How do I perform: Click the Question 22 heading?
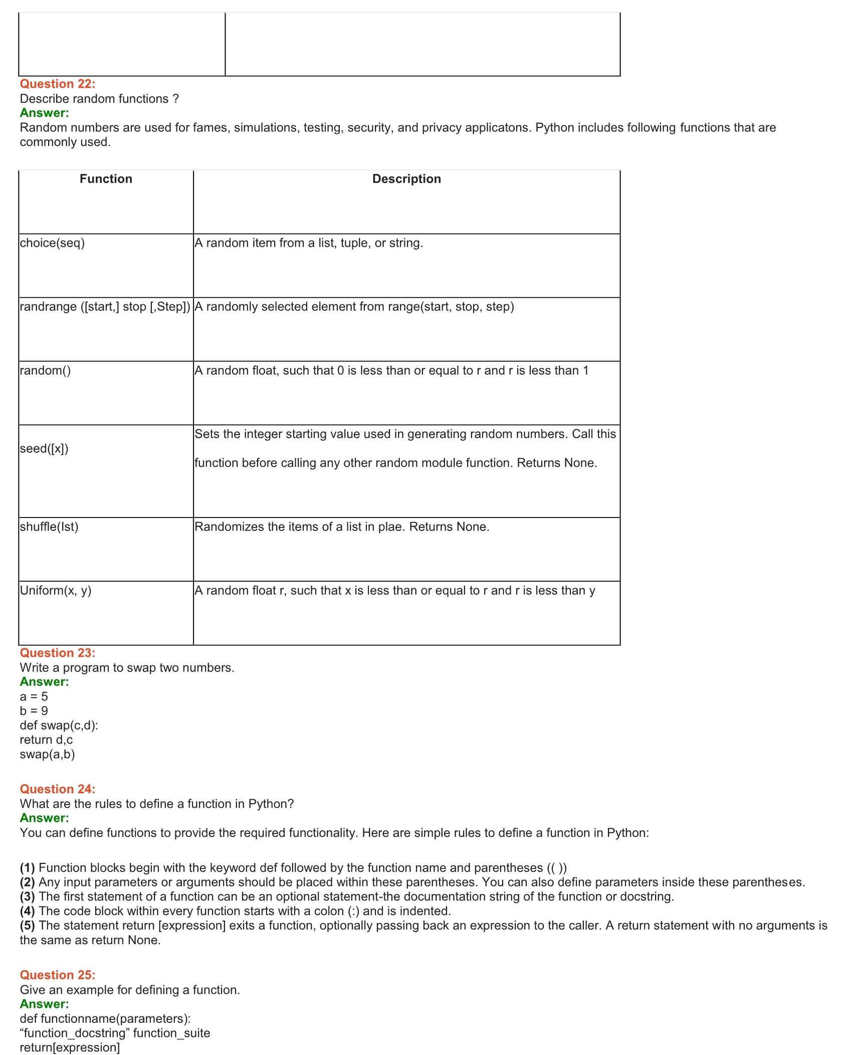(57, 84)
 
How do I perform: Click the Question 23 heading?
(57, 652)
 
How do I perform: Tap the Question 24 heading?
(57, 789)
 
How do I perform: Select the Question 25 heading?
(57, 975)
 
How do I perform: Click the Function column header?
(106, 179)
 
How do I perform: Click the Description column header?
(406, 179)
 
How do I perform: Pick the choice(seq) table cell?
(52, 243)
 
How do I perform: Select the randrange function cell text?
(105, 306)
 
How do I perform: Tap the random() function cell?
(45, 371)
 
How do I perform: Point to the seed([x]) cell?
(44, 449)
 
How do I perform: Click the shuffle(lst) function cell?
(49, 527)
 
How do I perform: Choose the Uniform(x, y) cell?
(56, 591)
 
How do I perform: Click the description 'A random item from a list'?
(309, 243)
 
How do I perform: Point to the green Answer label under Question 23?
(44, 681)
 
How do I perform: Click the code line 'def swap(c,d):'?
(59, 725)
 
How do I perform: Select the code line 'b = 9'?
(34, 711)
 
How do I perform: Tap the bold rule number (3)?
(28, 896)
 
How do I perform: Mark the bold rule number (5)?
(28, 925)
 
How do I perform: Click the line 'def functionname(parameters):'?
(105, 1018)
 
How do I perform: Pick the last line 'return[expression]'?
(70, 1047)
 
